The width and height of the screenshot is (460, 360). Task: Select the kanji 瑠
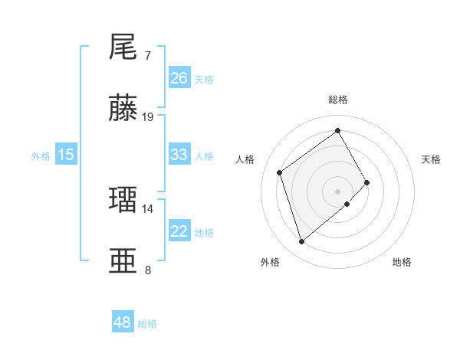(x=123, y=200)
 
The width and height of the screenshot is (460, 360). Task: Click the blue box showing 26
(x=179, y=78)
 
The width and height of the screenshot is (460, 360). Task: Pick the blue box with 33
(x=179, y=155)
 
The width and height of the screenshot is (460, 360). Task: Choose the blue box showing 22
(x=179, y=231)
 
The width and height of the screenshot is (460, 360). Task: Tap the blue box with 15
(x=66, y=155)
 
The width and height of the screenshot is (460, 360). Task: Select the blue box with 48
(x=123, y=322)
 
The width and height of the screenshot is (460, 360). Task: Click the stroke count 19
(x=148, y=116)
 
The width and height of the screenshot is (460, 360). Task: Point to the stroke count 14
(x=148, y=208)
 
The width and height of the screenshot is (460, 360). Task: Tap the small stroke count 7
(x=147, y=55)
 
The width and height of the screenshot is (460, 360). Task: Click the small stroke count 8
(x=147, y=270)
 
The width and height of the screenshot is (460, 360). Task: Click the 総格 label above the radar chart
(x=338, y=100)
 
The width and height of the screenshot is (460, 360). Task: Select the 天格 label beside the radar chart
(x=432, y=159)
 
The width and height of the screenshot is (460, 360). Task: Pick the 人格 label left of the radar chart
(x=246, y=159)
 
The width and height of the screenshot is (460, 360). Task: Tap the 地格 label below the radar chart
(x=402, y=262)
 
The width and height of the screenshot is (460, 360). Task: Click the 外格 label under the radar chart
(x=270, y=262)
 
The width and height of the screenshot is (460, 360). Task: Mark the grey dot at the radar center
(x=337, y=190)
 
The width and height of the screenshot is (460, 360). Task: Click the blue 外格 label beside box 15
(x=41, y=155)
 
